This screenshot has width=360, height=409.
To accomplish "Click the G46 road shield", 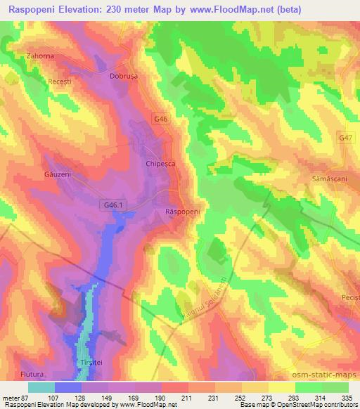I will coord(161,120).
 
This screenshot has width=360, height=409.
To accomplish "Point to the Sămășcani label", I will coord(326,180).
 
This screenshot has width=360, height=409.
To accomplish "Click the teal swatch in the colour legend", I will coord(41,387).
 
